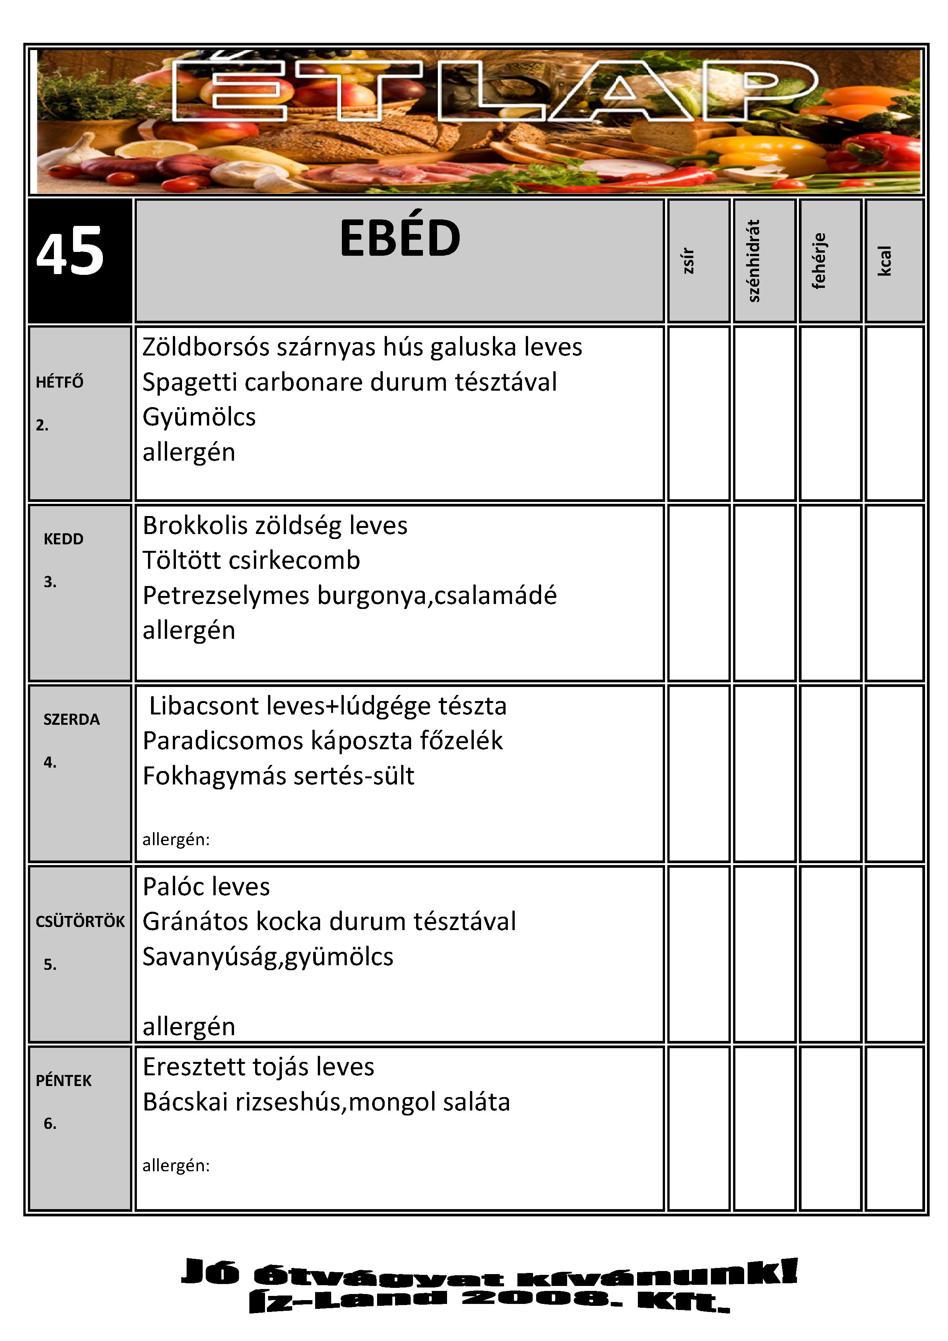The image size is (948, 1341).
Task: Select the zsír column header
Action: coord(689,260)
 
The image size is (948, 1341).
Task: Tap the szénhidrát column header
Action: coord(754,260)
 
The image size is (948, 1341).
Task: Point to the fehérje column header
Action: coord(820,260)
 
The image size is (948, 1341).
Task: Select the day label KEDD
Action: coord(63,539)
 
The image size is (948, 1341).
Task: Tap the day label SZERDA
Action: coord(71,719)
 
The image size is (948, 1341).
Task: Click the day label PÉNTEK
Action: coord(63,1081)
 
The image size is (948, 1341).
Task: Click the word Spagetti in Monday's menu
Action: coord(189,383)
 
